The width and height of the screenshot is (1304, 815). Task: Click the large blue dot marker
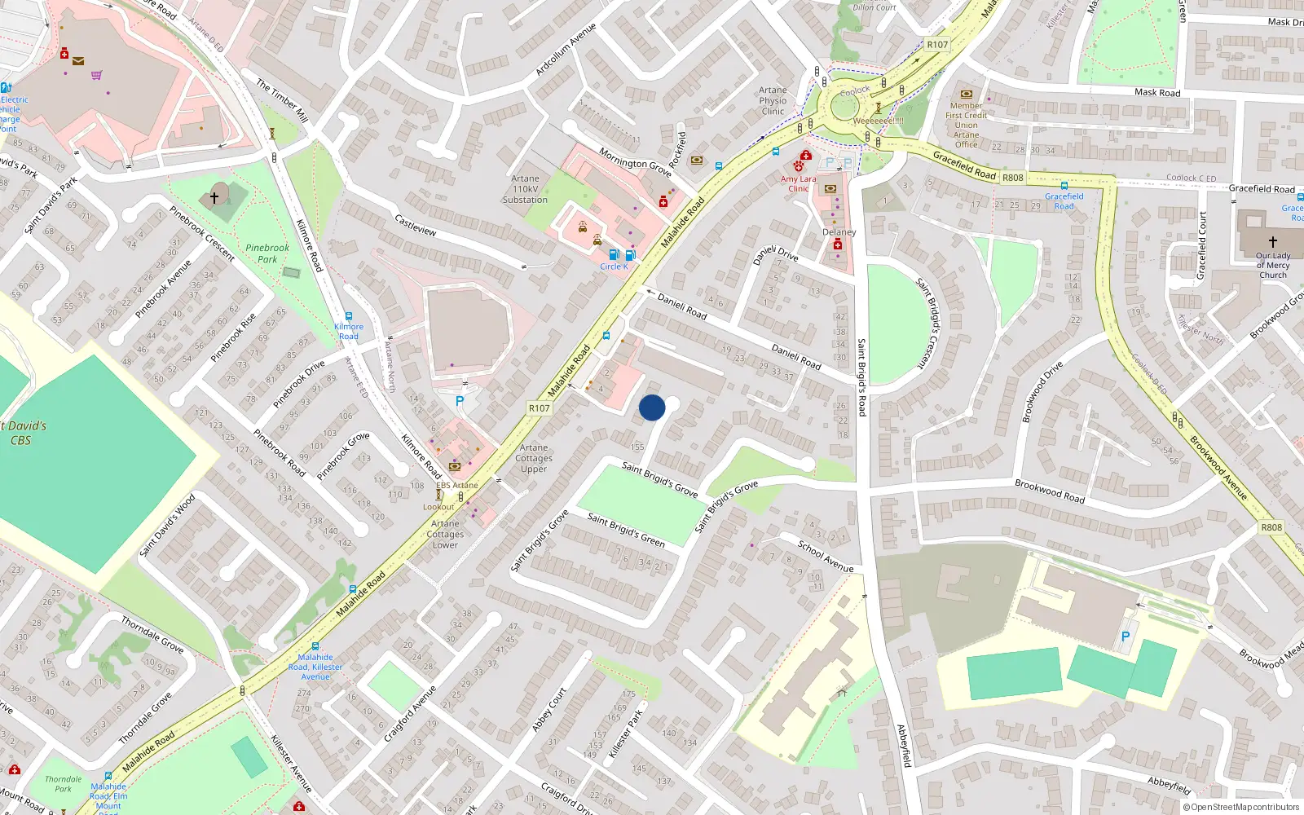652,407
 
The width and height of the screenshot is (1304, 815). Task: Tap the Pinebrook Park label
267,253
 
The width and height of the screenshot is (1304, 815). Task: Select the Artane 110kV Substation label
525,189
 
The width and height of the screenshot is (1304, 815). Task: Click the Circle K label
614,267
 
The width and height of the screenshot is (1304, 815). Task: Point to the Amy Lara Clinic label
798,183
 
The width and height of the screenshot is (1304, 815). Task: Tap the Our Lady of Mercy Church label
1272,265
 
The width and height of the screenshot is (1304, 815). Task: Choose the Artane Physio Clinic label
773,101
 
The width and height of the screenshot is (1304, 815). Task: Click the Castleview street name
416,225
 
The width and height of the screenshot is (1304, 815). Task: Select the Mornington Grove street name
635,162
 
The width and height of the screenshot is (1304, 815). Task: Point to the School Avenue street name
826,556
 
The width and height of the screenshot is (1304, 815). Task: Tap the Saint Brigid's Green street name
626,530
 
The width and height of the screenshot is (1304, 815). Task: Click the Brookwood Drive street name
1042,392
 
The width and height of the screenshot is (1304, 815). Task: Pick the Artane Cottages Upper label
534,458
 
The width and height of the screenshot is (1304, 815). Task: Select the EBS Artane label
457,485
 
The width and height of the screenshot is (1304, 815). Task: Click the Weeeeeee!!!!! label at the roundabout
878,121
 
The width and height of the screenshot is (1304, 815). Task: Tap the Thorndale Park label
63,784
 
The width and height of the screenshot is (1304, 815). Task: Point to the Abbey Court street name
549,710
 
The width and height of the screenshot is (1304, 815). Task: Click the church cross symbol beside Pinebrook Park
214,197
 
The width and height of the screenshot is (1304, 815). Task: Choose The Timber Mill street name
282,100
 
